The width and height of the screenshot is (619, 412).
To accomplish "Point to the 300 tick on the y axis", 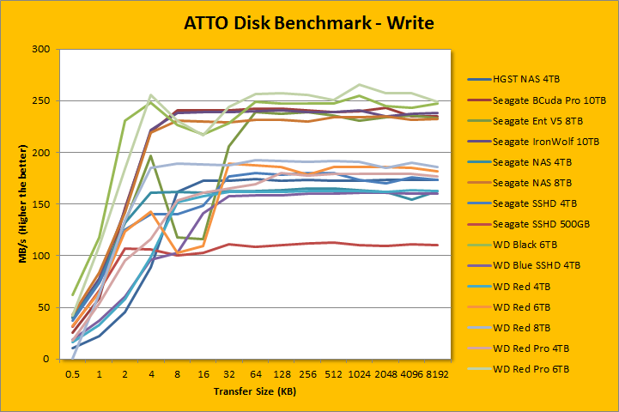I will (x=39, y=50).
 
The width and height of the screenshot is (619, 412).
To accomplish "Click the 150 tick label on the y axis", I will (x=39, y=204).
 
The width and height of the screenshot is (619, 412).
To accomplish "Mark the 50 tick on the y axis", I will (x=42, y=307).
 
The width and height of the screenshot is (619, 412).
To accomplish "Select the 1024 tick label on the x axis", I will (x=360, y=375).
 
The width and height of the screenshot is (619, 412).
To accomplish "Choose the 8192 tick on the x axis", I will (x=437, y=375).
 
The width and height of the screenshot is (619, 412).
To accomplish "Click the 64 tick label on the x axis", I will (x=256, y=375).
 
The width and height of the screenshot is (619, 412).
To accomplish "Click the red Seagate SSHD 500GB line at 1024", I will (x=360, y=245).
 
